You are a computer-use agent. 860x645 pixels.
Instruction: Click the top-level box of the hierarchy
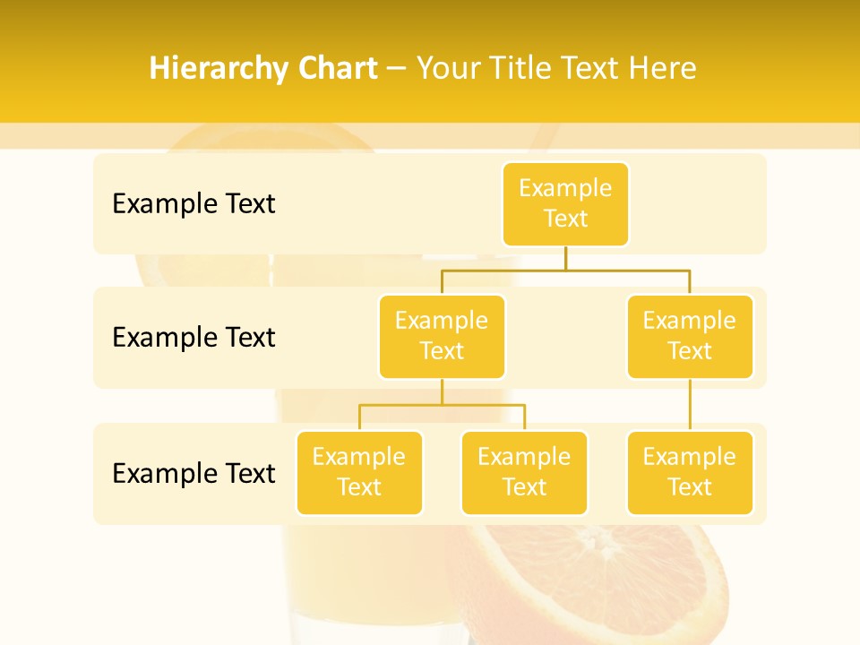pyautogui.click(x=565, y=204)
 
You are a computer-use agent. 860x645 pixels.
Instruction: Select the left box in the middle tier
pyautogui.click(x=442, y=337)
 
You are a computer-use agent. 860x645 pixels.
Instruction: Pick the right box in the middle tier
pyautogui.click(x=690, y=337)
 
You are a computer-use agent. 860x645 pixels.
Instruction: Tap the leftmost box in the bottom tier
pyautogui.click(x=359, y=473)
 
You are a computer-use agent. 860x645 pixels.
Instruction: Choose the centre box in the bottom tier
pyautogui.click(x=524, y=473)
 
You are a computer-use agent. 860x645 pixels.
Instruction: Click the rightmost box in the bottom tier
pyautogui.click(x=690, y=473)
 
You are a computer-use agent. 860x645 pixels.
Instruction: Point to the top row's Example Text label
pyautogui.click(x=193, y=204)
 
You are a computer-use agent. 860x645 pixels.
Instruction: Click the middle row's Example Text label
pyautogui.click(x=193, y=338)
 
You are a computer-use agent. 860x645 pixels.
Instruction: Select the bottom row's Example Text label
pyautogui.click(x=193, y=473)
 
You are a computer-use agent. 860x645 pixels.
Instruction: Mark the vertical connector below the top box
pyautogui.click(x=565, y=258)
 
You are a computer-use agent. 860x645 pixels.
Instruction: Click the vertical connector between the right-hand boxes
pyautogui.click(x=690, y=405)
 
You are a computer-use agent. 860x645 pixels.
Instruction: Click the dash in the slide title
pyautogui.click(x=397, y=69)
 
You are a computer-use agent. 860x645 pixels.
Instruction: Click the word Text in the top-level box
pyautogui.click(x=565, y=219)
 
